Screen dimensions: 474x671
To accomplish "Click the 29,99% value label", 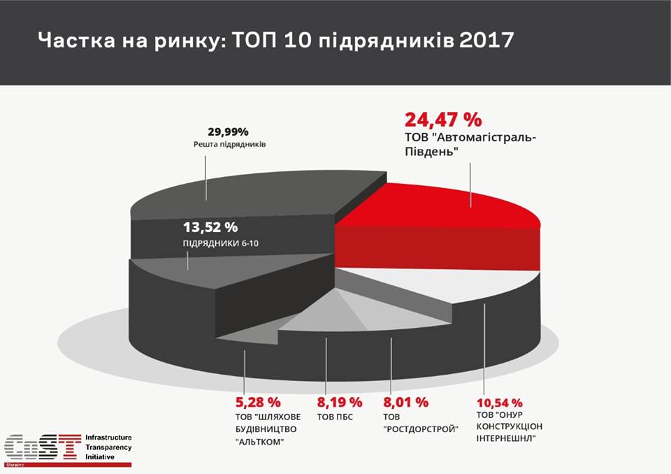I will tap(228, 131).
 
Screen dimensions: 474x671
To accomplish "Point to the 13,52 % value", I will tap(210, 227).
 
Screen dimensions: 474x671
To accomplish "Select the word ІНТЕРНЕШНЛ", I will tap(507, 439).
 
